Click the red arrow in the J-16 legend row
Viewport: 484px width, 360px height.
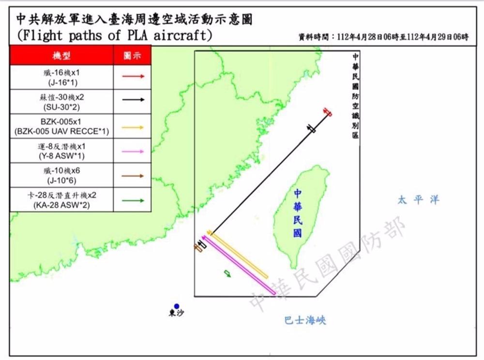(133, 76)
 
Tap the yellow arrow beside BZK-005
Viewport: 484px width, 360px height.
(133, 127)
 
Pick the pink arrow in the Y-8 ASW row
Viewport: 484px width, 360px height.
(133, 151)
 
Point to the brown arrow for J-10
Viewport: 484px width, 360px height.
(133, 176)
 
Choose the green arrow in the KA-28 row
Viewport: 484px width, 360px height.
(133, 200)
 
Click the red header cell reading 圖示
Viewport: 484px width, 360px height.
(133, 56)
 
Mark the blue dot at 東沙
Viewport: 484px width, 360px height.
(177, 306)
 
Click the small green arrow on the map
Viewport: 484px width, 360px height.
(227, 274)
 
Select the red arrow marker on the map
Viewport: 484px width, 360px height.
(328, 112)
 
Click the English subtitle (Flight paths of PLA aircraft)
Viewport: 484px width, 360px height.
(114, 36)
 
